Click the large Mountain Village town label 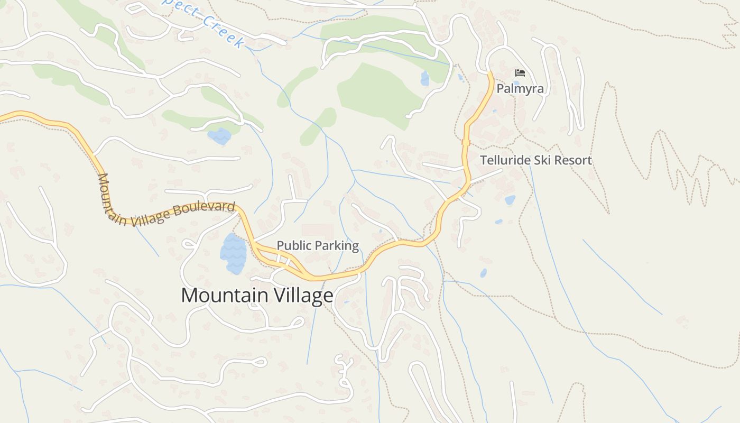(257, 295)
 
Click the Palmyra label (520, 88)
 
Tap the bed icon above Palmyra (520, 73)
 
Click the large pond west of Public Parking (233, 253)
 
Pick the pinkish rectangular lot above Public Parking (318, 231)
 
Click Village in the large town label (302, 295)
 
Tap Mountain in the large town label (225, 295)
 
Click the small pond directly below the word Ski (510, 200)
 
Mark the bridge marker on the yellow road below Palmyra (466, 142)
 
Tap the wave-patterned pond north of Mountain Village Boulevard (219, 136)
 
